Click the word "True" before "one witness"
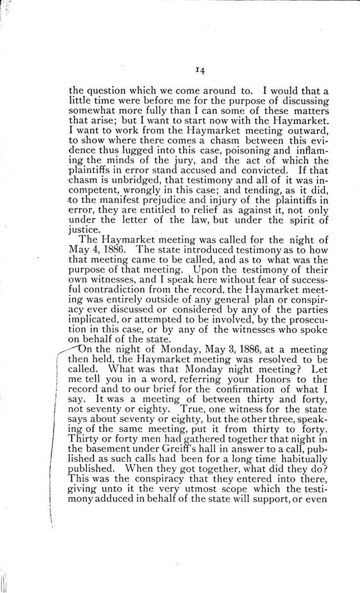coord(192,402)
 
